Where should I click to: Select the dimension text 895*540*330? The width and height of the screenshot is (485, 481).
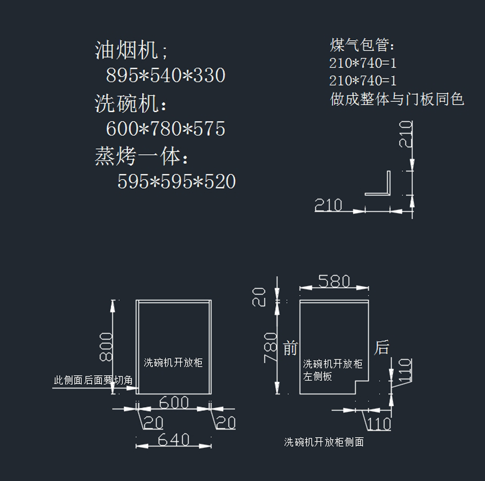(165, 75)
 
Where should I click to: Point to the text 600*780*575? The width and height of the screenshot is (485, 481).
(165, 129)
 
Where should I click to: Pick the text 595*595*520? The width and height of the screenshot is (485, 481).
(176, 182)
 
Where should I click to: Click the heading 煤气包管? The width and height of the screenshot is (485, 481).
(362, 45)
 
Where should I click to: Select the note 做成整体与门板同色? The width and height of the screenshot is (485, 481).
(397, 99)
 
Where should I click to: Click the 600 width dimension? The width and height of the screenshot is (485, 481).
(174, 402)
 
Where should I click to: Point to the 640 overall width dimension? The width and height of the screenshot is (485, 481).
(174, 439)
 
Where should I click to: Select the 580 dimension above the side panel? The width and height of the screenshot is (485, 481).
(334, 281)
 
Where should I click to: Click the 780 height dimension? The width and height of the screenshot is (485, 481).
(270, 347)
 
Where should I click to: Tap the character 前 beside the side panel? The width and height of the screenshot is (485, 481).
(290, 348)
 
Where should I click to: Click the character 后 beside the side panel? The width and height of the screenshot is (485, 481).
(382, 347)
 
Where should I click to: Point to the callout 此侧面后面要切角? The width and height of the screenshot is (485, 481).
(93, 380)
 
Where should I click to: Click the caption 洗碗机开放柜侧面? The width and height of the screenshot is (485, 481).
(324, 442)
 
